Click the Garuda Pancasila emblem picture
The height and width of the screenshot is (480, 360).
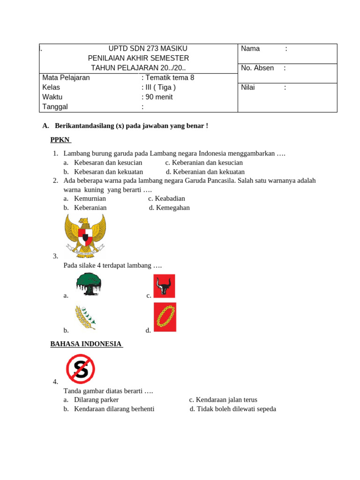point(85,236)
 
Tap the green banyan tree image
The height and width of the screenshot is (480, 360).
point(89,284)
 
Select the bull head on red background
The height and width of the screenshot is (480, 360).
point(164,286)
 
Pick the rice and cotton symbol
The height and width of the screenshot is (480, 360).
point(85,317)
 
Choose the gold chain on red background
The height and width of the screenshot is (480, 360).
point(165,317)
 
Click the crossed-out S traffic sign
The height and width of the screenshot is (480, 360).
point(81,369)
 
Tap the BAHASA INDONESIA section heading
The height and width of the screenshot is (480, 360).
point(86,344)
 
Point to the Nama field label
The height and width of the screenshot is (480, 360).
point(250,49)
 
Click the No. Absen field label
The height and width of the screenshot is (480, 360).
point(257,68)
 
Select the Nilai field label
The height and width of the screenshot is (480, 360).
point(247,87)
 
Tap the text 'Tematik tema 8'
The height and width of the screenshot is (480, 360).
point(170,78)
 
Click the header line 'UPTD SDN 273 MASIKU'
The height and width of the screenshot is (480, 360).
point(148,48)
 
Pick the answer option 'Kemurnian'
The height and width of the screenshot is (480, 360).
point(90,198)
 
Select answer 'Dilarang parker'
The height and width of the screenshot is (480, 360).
point(96,400)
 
